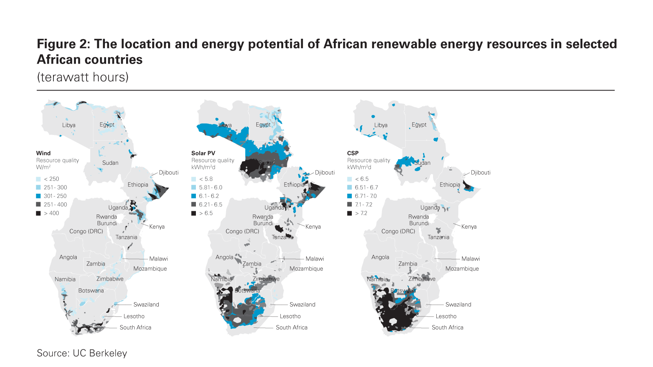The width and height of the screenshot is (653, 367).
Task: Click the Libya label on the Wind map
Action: click(69, 125)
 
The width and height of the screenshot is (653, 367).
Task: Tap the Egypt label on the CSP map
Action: click(419, 125)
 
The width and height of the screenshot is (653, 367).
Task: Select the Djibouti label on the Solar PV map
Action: click(325, 172)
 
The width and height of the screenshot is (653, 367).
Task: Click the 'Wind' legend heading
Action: click(43, 153)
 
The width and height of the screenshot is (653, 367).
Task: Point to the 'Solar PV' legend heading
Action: click(203, 153)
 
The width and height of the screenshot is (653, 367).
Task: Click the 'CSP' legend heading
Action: click(353, 153)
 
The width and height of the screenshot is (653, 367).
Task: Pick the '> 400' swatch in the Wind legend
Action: click(38, 213)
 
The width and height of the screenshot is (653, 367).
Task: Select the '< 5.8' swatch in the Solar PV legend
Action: click(194, 179)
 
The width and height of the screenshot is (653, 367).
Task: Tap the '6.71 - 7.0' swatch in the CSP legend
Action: click(350, 196)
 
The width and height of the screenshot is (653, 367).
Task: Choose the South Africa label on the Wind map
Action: click(135, 327)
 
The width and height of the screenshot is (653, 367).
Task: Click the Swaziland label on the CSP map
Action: click(458, 305)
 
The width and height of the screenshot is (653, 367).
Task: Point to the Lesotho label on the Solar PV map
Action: click(290, 316)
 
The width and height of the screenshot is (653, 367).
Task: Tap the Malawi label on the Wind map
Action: click(158, 259)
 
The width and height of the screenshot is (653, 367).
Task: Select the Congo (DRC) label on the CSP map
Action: click(398, 231)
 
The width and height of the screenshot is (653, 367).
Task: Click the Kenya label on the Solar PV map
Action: click(313, 227)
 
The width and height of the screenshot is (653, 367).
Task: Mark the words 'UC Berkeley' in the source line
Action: click(100, 353)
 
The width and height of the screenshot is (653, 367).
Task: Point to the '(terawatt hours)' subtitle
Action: click(83, 77)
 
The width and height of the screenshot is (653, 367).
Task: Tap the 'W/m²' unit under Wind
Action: click(43, 167)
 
